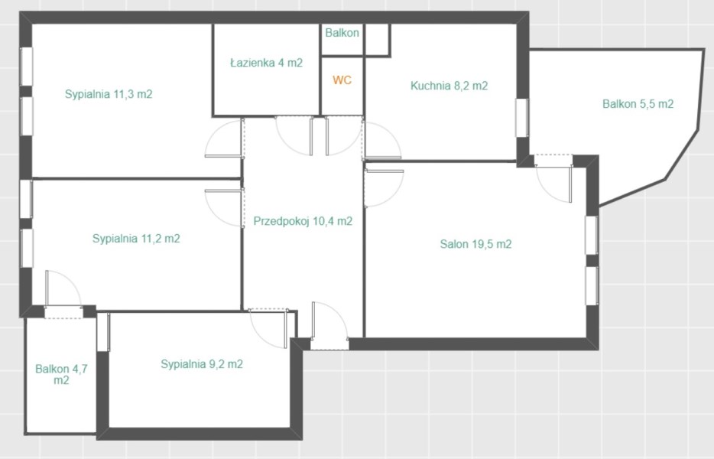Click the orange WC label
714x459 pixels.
tap(342, 80)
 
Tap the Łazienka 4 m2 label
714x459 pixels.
tap(266, 63)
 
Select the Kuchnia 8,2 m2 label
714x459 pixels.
tap(449, 86)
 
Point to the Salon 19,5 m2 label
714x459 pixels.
tap(475, 244)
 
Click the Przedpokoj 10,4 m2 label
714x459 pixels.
tap(303, 221)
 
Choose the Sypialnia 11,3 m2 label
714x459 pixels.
tap(109, 94)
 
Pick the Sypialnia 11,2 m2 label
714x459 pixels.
tap(136, 239)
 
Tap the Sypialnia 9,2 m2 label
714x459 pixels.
tap(202, 364)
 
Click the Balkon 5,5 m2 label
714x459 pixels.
tap(638, 104)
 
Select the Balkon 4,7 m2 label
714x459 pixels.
tap(61, 374)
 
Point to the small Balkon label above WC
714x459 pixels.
tap(342, 33)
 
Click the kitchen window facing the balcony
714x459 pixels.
tap(522, 118)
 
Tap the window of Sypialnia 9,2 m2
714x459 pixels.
tap(103, 332)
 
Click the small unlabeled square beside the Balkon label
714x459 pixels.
tap(377, 40)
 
